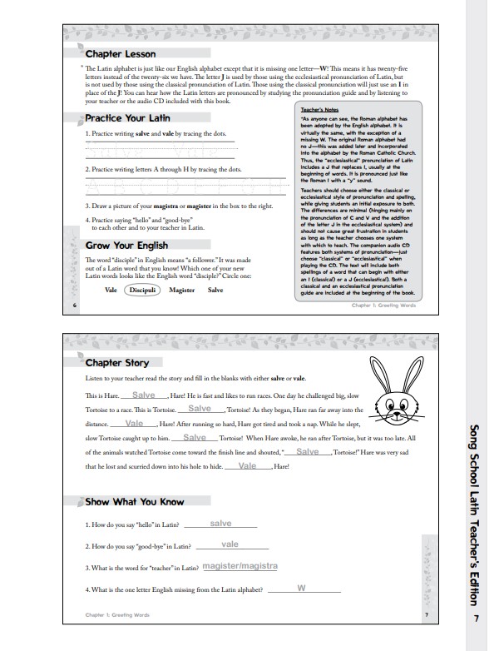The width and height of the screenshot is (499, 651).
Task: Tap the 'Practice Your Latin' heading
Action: point(127,119)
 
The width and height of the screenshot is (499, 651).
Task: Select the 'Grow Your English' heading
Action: point(126,246)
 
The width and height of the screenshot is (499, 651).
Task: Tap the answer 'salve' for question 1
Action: point(220,524)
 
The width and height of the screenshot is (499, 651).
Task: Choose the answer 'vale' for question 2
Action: point(230,544)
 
